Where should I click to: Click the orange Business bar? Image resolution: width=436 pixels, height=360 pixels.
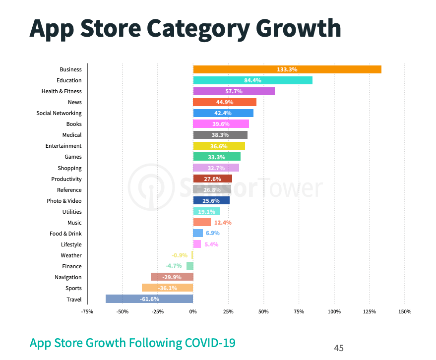click(x=287, y=69)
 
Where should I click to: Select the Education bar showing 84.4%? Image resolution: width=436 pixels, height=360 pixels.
click(x=252, y=80)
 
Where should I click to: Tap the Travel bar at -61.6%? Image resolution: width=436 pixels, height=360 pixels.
click(x=149, y=299)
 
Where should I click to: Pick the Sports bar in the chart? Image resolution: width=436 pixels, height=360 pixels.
click(x=167, y=288)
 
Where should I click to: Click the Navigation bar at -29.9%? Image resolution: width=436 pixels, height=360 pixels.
click(x=172, y=277)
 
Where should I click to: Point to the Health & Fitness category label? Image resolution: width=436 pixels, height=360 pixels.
click(x=62, y=91)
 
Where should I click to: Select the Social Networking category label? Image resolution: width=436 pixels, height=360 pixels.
click(x=59, y=113)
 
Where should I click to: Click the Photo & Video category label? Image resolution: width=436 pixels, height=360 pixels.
click(x=64, y=201)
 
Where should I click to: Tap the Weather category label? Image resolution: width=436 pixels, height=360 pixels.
click(x=71, y=255)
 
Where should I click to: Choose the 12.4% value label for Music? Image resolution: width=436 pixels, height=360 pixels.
click(x=223, y=223)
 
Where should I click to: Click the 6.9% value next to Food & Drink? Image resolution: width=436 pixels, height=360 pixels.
click(x=212, y=234)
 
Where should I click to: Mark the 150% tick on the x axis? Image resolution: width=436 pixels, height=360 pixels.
click(x=405, y=311)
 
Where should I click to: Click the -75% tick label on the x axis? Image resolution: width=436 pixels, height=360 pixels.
click(x=87, y=311)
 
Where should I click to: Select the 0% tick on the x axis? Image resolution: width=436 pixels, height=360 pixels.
click(x=193, y=311)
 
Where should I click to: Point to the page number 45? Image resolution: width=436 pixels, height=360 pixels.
click(x=339, y=348)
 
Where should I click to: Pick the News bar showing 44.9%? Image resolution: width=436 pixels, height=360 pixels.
click(x=225, y=102)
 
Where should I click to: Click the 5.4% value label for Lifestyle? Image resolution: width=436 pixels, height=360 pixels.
click(x=211, y=244)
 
